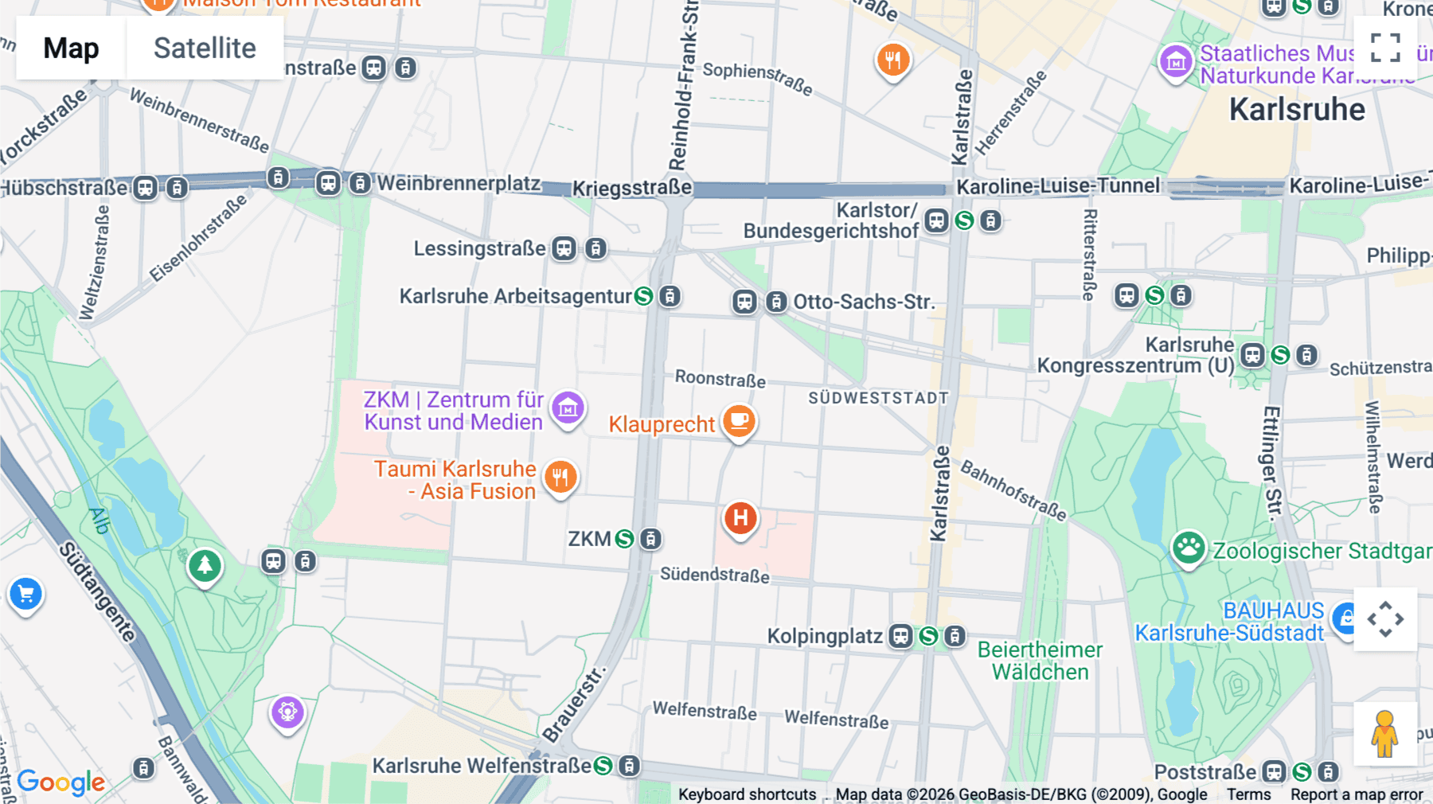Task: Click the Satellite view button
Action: pyautogui.click(x=205, y=48)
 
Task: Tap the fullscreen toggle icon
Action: pyautogui.click(x=1385, y=48)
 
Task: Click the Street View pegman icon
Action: pyautogui.click(x=1384, y=733)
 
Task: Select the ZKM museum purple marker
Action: pyautogui.click(x=568, y=408)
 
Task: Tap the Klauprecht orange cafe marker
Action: pyautogui.click(x=739, y=420)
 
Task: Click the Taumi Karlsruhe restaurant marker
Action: pyautogui.click(x=560, y=477)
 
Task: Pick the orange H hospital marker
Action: pyautogui.click(x=740, y=518)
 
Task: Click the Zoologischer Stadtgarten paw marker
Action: pyautogui.click(x=1188, y=548)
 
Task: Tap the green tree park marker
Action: pyautogui.click(x=205, y=566)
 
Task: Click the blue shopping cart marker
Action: pyautogui.click(x=25, y=594)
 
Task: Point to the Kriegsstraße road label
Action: pyautogui.click(x=632, y=188)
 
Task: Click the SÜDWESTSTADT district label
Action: pyautogui.click(x=878, y=398)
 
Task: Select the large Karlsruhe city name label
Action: pyautogui.click(x=1296, y=110)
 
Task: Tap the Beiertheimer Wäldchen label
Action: pyautogui.click(x=1039, y=661)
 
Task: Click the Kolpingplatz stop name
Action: pyautogui.click(x=824, y=636)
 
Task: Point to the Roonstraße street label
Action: pyautogui.click(x=720, y=378)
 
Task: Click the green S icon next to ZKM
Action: pyautogui.click(x=625, y=539)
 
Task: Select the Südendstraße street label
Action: pyautogui.click(x=714, y=575)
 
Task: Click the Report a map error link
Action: pyautogui.click(x=1356, y=794)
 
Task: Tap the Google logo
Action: pyautogui.click(x=61, y=782)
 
